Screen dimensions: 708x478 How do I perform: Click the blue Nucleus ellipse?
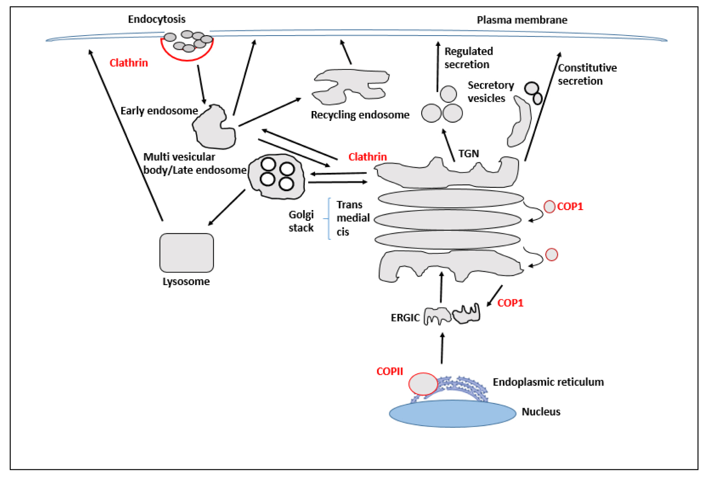pyautogui.click(x=452, y=413)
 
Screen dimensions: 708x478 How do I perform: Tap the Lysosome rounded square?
pyautogui.click(x=187, y=253)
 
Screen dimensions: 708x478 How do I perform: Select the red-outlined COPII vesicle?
pyautogui.click(x=423, y=384)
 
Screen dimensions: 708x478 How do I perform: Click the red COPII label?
pyautogui.click(x=390, y=371)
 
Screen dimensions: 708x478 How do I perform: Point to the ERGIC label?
pyautogui.click(x=405, y=318)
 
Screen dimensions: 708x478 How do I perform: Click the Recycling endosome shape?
pyautogui.click(x=351, y=87)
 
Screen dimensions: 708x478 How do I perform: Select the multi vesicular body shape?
pyautogui.click(x=277, y=177)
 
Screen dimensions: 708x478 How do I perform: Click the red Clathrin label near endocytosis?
pyautogui.click(x=129, y=63)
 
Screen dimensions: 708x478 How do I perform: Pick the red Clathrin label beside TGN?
pyautogui.click(x=368, y=157)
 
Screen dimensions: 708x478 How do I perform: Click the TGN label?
pyautogui.click(x=469, y=153)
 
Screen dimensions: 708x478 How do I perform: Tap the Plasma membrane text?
pyautogui.click(x=522, y=20)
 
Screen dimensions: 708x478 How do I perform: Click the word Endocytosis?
pyautogui.click(x=157, y=19)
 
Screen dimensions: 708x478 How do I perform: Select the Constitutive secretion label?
pyautogui.click(x=587, y=75)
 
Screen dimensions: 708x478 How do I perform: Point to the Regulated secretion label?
pyautogui.click(x=469, y=57)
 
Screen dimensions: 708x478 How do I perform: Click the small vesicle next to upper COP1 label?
pyautogui.click(x=549, y=207)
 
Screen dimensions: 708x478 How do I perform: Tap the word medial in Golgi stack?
pyautogui.click(x=353, y=218)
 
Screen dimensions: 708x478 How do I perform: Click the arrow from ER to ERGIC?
pyautogui.click(x=442, y=348)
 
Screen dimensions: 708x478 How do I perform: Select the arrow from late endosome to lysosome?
pyautogui.click(x=226, y=207)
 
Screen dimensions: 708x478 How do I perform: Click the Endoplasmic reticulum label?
pyautogui.click(x=548, y=382)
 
